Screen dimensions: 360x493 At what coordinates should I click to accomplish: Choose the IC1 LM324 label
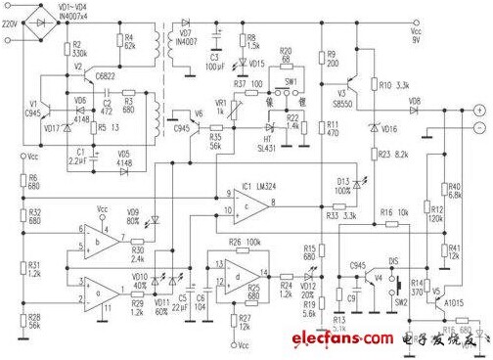pyautogui.click(x=256, y=185)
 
